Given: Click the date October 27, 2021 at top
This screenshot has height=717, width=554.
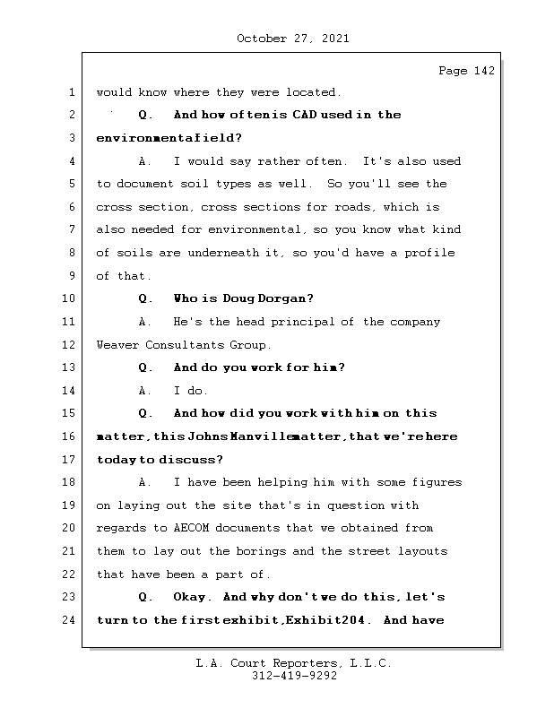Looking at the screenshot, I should point(292,39).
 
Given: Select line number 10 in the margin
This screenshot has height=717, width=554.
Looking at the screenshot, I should point(69,298).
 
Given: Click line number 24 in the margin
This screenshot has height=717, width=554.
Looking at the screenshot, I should point(69,620).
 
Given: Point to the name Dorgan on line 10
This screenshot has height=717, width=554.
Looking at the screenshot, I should point(286,298).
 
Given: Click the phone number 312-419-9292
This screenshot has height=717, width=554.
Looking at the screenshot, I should point(294,677).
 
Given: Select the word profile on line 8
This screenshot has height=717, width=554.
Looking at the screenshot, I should point(430,253).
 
